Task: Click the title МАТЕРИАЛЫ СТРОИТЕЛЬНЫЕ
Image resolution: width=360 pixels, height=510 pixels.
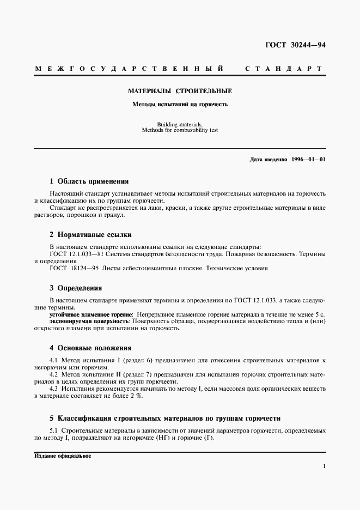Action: point(180,92)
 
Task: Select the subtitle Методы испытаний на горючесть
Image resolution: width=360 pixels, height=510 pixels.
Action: point(180,104)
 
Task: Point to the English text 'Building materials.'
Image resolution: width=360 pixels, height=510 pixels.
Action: point(180,124)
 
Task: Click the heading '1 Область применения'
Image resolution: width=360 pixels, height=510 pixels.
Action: point(89,181)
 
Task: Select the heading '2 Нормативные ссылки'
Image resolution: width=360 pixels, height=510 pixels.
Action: point(90,235)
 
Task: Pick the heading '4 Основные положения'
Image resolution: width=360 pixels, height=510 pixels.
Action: point(90,348)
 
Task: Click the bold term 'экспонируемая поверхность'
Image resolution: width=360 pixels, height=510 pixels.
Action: point(89,321)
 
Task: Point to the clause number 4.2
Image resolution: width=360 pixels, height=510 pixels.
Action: point(53,375)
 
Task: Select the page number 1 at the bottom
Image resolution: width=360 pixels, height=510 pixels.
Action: point(324,466)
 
